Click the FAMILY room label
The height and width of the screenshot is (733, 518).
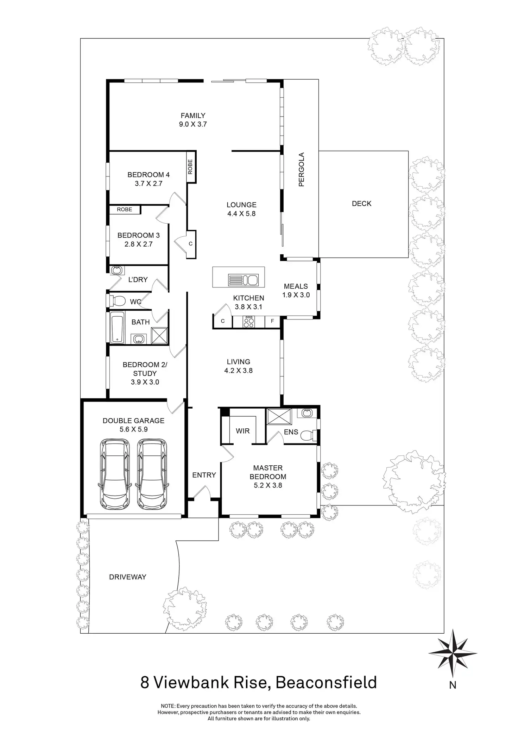click(193, 116)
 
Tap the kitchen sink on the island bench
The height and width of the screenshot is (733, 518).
click(243, 280)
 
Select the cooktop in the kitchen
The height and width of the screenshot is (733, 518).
click(249, 322)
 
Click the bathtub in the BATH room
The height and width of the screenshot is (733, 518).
click(117, 328)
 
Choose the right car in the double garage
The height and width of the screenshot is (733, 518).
click(152, 474)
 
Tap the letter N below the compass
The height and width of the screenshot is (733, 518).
click(453, 685)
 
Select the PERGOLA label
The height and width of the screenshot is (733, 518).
click(301, 169)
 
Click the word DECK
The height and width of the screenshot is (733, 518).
click(361, 204)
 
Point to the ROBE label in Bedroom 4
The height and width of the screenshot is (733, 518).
click(190, 167)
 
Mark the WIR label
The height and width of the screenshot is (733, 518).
click(242, 431)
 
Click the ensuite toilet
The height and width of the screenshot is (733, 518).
click(309, 436)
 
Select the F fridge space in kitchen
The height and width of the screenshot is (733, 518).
click(272, 321)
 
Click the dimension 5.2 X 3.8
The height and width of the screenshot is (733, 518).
click(268, 485)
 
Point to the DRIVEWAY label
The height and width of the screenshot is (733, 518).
click(127, 577)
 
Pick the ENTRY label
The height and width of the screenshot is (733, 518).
click(204, 475)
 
